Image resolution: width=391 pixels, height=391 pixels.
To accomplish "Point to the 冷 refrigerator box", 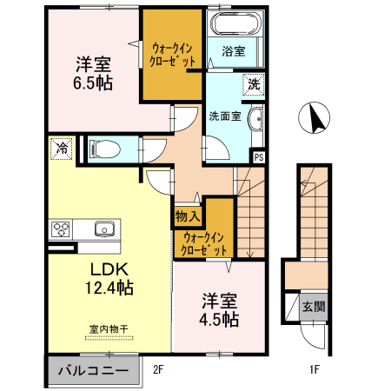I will tap(61, 149).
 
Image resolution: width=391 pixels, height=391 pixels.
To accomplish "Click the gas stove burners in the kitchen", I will tap(61, 229).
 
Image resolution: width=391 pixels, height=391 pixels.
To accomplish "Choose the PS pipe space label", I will tap(258, 157).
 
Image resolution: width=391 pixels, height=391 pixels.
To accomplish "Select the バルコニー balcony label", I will tap(92, 372).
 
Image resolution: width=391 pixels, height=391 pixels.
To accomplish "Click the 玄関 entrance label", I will tap(314, 307).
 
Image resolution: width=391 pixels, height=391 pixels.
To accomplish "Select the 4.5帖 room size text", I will tap(219, 319).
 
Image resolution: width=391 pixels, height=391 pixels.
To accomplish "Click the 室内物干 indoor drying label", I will tap(108, 329).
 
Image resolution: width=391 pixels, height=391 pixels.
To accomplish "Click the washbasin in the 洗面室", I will tap(255, 121).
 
